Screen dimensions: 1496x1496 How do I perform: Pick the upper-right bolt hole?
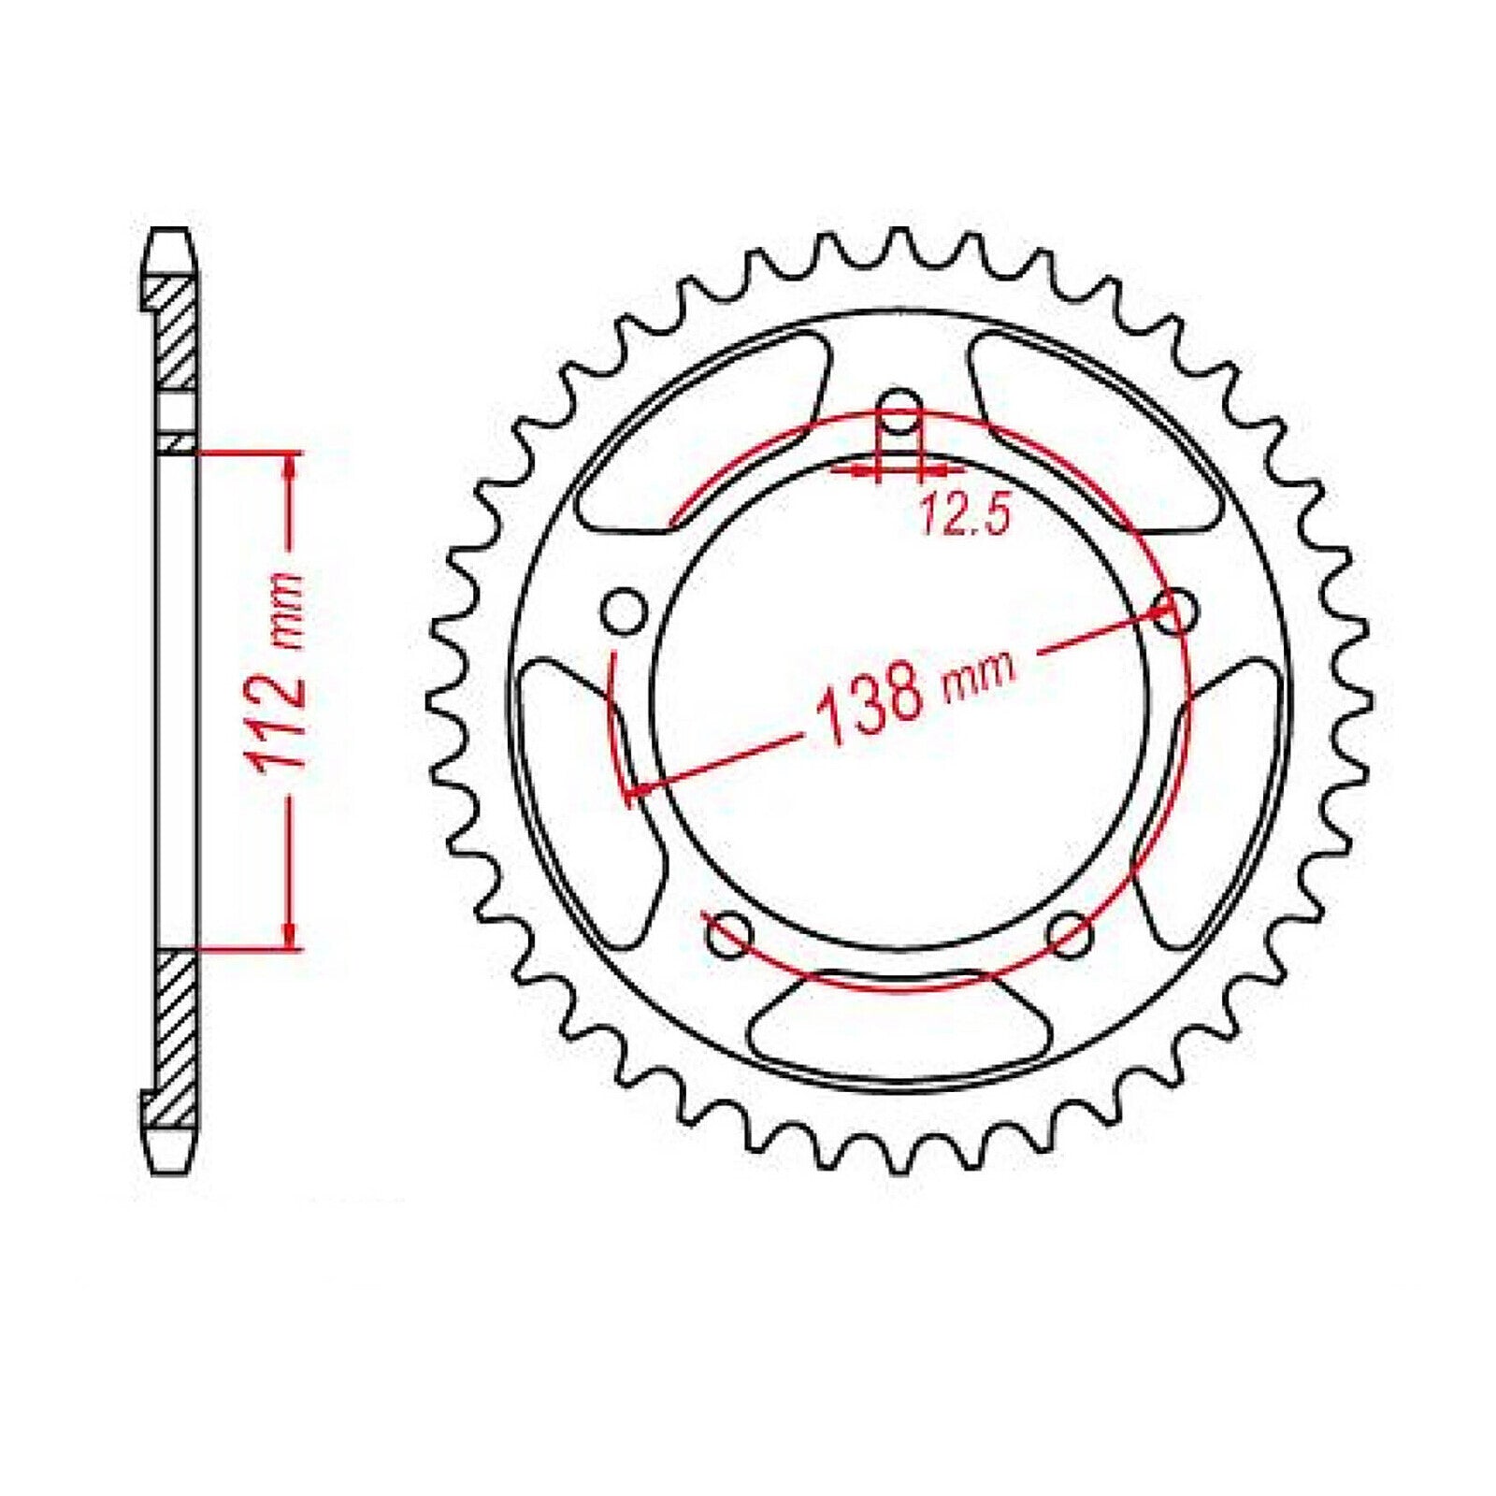pos(1174,612)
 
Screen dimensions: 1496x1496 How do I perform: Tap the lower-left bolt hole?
pos(730,935)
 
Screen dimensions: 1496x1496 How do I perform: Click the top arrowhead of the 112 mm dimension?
pos(293,465)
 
